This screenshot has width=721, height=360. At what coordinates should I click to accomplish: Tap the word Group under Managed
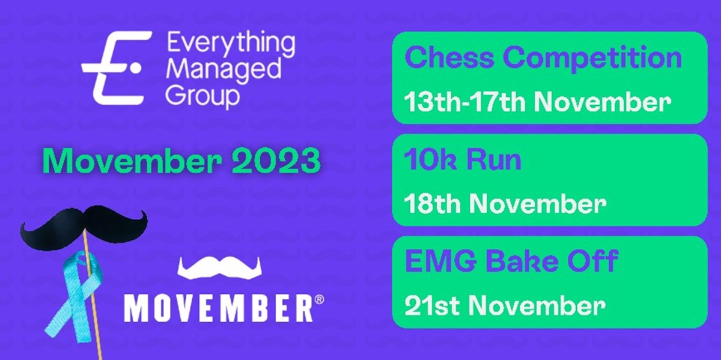point(202,96)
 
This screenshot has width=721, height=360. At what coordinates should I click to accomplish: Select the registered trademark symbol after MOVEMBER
point(318,299)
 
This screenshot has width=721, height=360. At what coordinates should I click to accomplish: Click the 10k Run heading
point(463,161)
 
